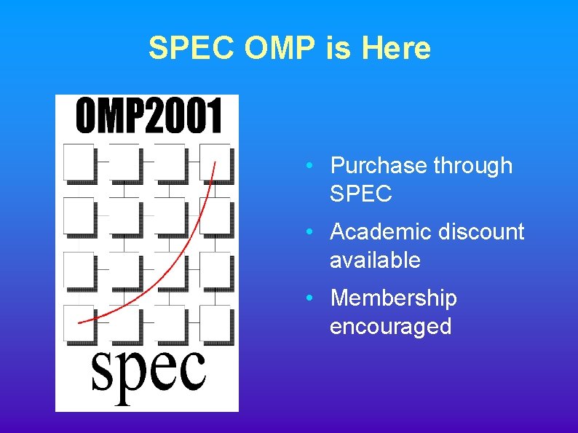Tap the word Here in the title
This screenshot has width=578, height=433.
pyautogui.click(x=395, y=49)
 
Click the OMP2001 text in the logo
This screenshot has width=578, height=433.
pyautogui.click(x=149, y=116)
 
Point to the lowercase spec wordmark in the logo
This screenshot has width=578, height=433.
pyautogui.click(x=148, y=373)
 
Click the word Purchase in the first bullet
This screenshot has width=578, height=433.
pyautogui.click(x=379, y=166)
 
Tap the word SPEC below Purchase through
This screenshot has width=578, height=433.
pyautogui.click(x=361, y=194)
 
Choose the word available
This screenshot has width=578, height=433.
pyautogui.click(x=375, y=261)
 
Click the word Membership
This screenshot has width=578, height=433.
pyautogui.click(x=394, y=298)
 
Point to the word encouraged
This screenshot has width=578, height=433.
pyautogui.click(x=391, y=327)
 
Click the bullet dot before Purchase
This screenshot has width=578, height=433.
pyautogui.click(x=310, y=166)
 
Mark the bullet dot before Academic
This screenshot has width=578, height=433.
pyautogui.click(x=310, y=232)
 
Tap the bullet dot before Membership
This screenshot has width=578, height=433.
pyautogui.click(x=310, y=298)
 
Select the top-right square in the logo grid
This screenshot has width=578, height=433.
pyautogui.click(x=216, y=162)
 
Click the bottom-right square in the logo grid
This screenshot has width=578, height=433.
pyautogui.click(x=216, y=324)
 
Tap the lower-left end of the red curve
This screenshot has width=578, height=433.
pyautogui.click(x=79, y=321)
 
